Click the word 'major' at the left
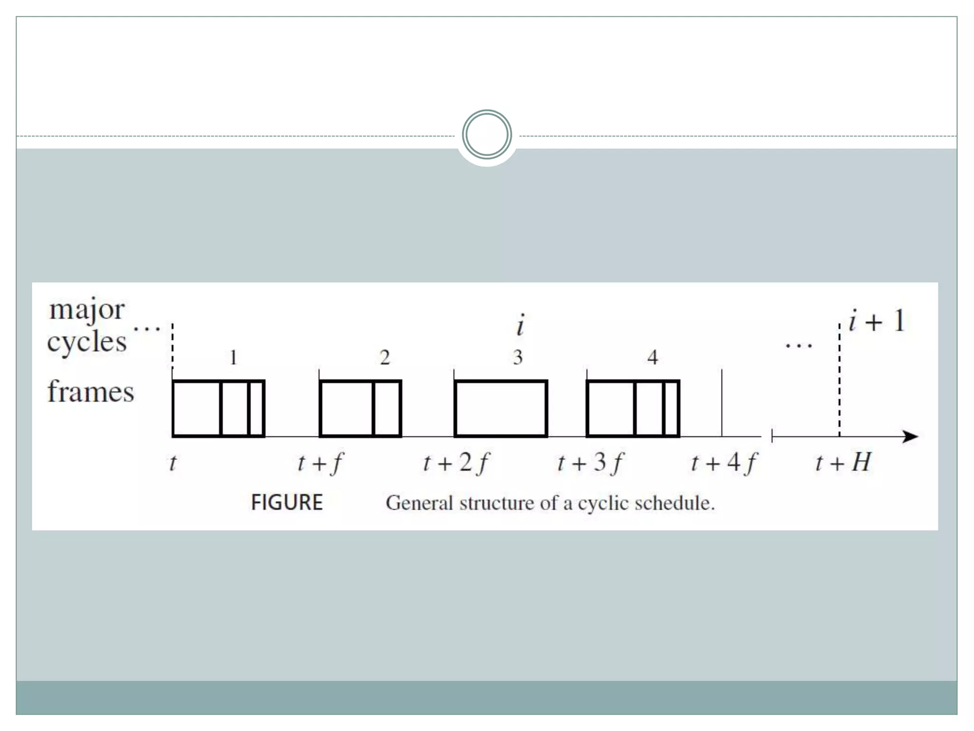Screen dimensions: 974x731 click(x=87, y=310)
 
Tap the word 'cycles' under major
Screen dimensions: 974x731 click(x=87, y=342)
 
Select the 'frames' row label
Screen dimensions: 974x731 click(x=90, y=392)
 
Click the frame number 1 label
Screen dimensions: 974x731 click(x=233, y=357)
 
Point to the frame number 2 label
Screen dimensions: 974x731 click(x=385, y=357)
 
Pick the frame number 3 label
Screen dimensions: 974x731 click(x=518, y=357)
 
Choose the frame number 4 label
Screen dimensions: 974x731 click(x=653, y=357)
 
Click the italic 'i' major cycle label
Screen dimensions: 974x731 click(x=521, y=326)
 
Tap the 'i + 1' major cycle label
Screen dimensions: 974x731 click(x=877, y=321)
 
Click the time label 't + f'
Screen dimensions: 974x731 click(x=320, y=463)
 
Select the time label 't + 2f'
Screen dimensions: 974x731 click(x=456, y=463)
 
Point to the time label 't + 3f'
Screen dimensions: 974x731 click(x=590, y=463)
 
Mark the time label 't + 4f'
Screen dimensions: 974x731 click(x=724, y=463)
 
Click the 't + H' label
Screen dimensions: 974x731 click(x=843, y=463)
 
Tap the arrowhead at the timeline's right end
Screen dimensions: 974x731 click(x=911, y=436)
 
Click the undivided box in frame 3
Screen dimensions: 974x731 click(x=501, y=408)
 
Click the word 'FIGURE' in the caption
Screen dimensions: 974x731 click(x=287, y=503)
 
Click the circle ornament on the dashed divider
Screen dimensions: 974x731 click(x=487, y=135)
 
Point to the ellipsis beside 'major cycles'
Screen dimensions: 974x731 click(x=147, y=328)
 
